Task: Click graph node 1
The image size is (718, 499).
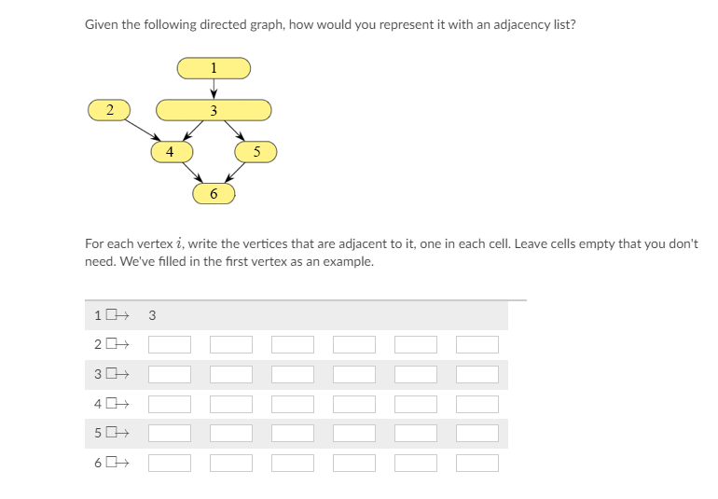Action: coord(214,67)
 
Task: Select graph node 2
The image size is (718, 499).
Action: coord(110,110)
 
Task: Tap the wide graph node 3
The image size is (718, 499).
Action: coord(214,111)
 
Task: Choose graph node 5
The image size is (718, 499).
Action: coord(256,151)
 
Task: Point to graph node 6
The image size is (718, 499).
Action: coord(214,193)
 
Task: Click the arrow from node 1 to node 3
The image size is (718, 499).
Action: coord(214,89)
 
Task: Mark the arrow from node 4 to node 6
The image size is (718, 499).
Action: coord(192,173)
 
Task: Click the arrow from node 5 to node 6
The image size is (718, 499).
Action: coord(235,173)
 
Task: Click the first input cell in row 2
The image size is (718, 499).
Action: coord(170,345)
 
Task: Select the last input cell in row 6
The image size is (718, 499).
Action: coord(476,464)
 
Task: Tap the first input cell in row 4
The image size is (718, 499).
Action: coord(170,404)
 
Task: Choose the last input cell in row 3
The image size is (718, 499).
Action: coord(476,375)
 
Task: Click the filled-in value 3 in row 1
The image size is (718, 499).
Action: coord(152,315)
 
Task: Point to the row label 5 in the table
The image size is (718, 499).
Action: coord(98,434)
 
